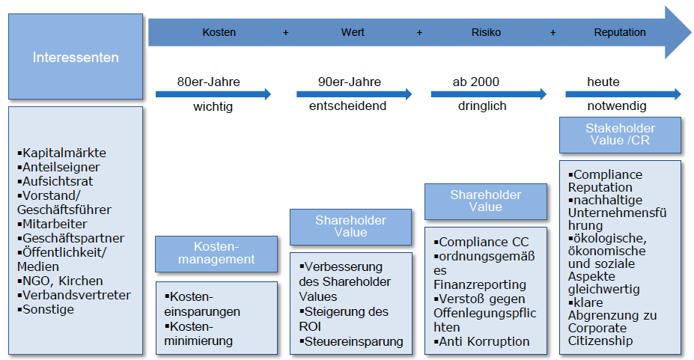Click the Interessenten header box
(x=75, y=57)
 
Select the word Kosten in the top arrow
(x=219, y=33)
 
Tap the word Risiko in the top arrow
(x=486, y=33)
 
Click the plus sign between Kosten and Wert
(x=285, y=33)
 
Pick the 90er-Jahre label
(x=349, y=82)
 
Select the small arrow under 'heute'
(x=622, y=94)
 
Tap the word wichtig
(x=213, y=106)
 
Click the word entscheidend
(x=348, y=106)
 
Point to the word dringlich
(x=482, y=106)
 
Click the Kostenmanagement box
(x=205, y=253)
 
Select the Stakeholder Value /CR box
(x=620, y=135)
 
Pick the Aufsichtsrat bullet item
(x=56, y=182)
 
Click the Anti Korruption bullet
(x=484, y=341)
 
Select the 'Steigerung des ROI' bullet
(x=347, y=319)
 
